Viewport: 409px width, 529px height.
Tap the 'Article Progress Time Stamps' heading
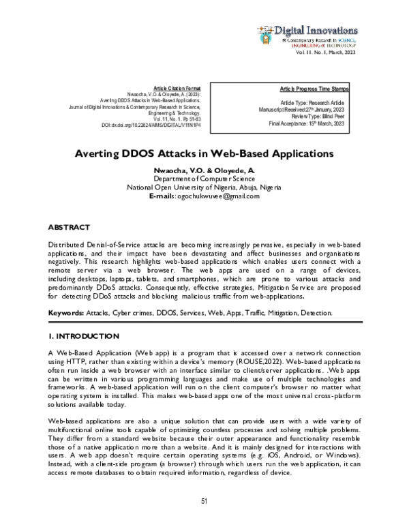pos(314,89)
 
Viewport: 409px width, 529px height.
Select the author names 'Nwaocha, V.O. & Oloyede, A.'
pos(204,169)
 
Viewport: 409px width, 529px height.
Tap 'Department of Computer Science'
pos(204,178)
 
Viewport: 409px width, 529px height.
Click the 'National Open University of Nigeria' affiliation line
pos(204,187)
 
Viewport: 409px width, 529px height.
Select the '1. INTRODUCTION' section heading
pos(84,337)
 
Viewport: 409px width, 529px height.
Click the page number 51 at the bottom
pos(204,501)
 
